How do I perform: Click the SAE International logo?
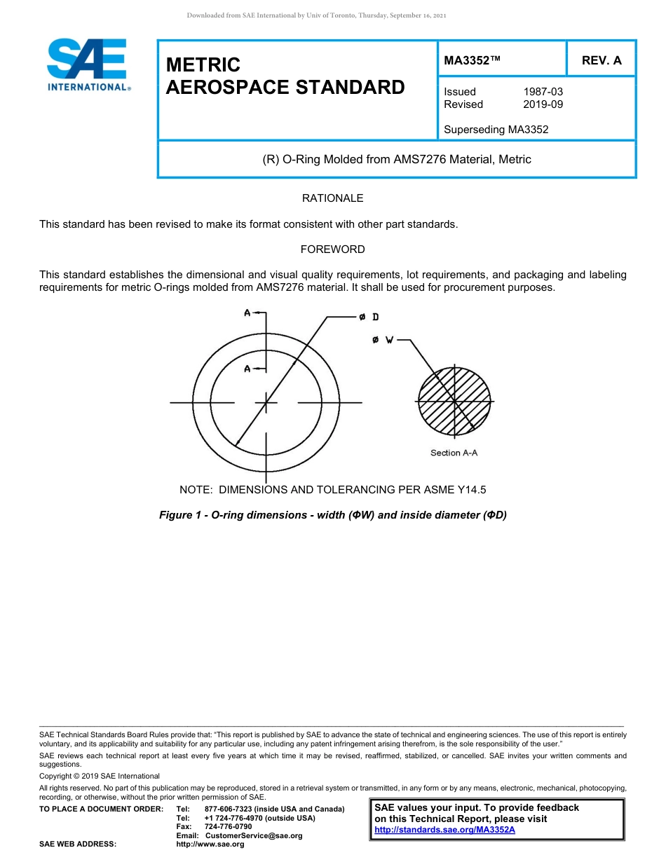point(88,64)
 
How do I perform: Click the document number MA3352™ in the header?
point(472,60)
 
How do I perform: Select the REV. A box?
point(601,60)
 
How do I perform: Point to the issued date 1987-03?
point(543,92)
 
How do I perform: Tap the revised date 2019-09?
point(543,104)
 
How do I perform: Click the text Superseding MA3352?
point(496,129)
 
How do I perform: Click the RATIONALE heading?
point(332,198)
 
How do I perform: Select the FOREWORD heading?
point(332,249)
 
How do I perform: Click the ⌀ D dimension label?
point(369,317)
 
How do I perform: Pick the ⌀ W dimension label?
point(383,340)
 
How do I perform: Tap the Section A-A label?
point(454,453)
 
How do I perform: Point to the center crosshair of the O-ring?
point(266,402)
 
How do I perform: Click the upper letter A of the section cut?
point(247,313)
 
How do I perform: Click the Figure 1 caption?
point(332,515)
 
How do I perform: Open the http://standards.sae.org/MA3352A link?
point(444,830)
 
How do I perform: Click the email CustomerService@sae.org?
point(254,835)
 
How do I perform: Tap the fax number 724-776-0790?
point(228,827)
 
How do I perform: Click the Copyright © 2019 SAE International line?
point(100,776)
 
